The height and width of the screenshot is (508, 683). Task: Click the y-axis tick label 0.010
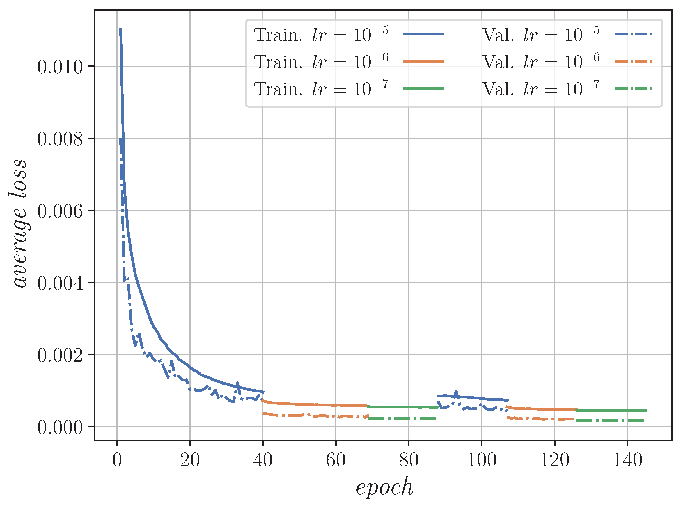click(60, 67)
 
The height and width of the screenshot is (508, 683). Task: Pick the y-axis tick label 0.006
click(60, 211)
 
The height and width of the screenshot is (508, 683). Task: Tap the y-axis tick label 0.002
click(60, 355)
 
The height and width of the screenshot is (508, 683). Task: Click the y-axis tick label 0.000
click(60, 427)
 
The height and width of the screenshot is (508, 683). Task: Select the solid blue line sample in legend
click(423, 34)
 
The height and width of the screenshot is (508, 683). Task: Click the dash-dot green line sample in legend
click(634, 88)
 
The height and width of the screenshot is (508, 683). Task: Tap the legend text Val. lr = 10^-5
click(541, 34)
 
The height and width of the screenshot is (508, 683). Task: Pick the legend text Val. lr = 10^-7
click(541, 88)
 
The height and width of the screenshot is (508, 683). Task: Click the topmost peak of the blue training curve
click(120, 29)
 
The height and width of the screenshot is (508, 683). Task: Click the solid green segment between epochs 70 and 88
click(403, 407)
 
